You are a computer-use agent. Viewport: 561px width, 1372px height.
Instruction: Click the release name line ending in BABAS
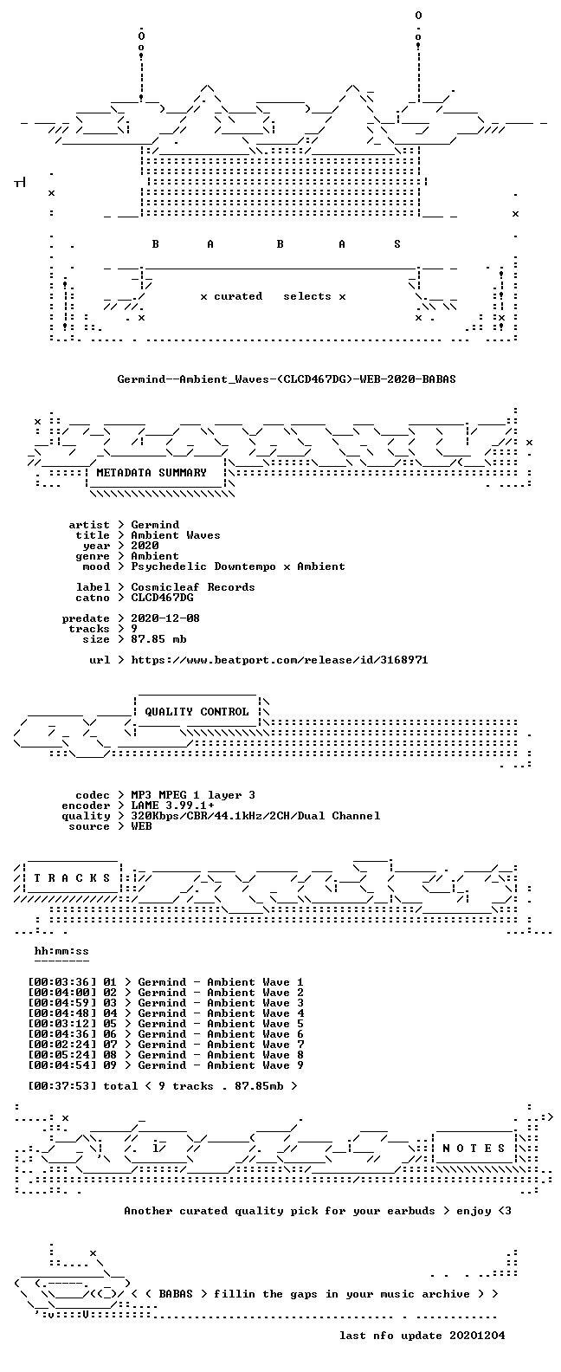click(286, 379)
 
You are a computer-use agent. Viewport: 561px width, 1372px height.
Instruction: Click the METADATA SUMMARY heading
click(152, 472)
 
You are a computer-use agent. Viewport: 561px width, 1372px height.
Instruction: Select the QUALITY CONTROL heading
click(197, 712)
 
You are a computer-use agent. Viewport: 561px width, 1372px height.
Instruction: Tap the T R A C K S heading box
click(72, 877)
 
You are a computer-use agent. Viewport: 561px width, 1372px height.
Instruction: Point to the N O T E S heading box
click(474, 1149)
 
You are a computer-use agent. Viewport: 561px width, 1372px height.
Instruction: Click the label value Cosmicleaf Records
click(193, 586)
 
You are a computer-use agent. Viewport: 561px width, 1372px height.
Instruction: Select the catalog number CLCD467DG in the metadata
click(162, 597)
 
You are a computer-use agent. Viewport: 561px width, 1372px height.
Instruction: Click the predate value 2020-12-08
click(165, 618)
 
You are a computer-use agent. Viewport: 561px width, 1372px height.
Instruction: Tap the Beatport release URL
click(280, 660)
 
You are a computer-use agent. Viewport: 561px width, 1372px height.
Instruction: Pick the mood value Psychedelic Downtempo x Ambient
click(237, 566)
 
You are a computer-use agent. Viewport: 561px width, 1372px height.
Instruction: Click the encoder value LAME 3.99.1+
click(172, 806)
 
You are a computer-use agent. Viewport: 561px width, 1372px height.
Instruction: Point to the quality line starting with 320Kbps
click(255, 816)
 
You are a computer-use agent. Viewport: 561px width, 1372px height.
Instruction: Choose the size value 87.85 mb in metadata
click(158, 639)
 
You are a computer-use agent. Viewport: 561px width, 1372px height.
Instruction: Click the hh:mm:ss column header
click(61, 951)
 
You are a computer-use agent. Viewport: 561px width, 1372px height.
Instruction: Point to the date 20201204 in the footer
click(477, 1336)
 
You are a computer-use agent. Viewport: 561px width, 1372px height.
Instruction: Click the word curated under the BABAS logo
click(237, 296)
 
